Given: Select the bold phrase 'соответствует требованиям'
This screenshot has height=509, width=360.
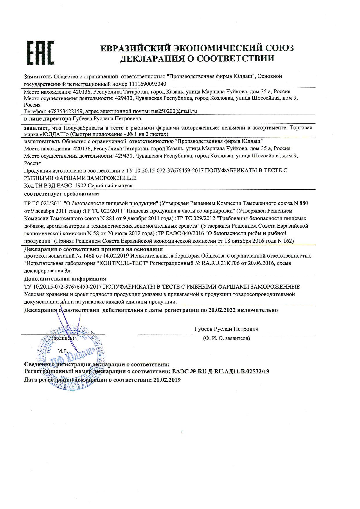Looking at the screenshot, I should pyautogui.click(x=61, y=193).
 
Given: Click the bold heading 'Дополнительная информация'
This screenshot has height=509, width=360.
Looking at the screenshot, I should pyautogui.click(x=65, y=279).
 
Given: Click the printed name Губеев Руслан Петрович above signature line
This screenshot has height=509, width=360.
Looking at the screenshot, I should pyautogui.click(x=226, y=329).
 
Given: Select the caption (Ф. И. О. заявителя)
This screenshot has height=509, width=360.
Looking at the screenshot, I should pyautogui.click(x=226, y=338).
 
